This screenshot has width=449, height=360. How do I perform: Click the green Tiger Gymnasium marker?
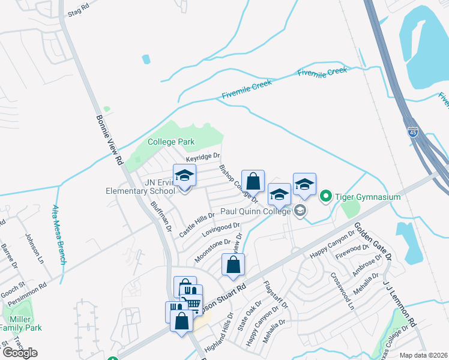click(326, 196)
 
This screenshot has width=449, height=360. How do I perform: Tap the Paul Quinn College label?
click(255, 211)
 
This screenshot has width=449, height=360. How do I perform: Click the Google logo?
click(19, 353)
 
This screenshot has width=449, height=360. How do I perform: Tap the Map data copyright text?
click(423, 355)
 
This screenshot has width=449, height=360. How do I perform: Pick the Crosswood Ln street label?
click(343, 292)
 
